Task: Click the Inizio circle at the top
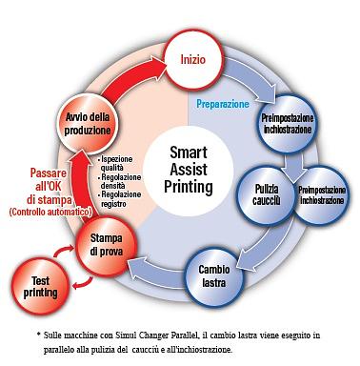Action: (193, 59)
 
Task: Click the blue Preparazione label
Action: (223, 103)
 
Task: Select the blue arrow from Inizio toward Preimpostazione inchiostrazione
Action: (252, 76)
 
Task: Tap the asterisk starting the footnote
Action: (38, 335)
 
